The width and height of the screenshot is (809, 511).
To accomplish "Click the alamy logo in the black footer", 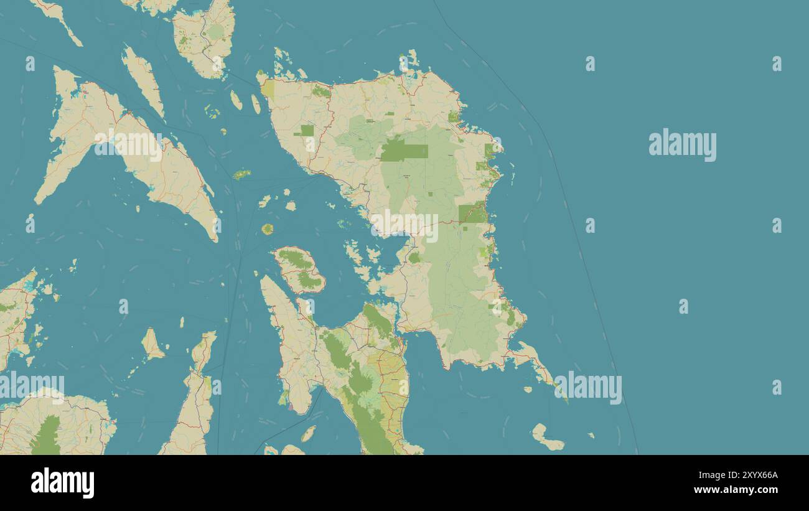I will (62, 483).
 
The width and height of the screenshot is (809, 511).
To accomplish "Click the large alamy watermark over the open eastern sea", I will (682, 144).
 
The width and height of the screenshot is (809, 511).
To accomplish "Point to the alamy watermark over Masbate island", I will (128, 144).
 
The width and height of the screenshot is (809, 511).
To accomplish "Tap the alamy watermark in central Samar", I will (404, 225).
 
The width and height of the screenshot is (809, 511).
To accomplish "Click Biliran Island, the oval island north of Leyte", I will (299, 270).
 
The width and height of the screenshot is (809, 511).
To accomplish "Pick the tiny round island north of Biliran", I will (268, 229).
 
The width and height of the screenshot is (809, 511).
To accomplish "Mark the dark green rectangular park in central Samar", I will (404, 151).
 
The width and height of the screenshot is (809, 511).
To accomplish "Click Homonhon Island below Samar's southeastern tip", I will (546, 438).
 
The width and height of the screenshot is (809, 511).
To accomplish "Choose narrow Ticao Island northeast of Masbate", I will (143, 81).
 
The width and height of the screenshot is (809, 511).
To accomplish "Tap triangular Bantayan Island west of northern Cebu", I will (151, 344).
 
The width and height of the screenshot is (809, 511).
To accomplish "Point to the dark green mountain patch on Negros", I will (46, 436).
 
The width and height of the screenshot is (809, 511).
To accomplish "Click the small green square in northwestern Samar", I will (307, 130).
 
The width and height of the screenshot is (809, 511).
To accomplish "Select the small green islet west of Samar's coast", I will (241, 174).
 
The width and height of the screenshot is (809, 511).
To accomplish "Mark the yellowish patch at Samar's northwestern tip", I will (268, 90).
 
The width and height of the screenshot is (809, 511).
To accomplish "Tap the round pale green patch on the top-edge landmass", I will (215, 31).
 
